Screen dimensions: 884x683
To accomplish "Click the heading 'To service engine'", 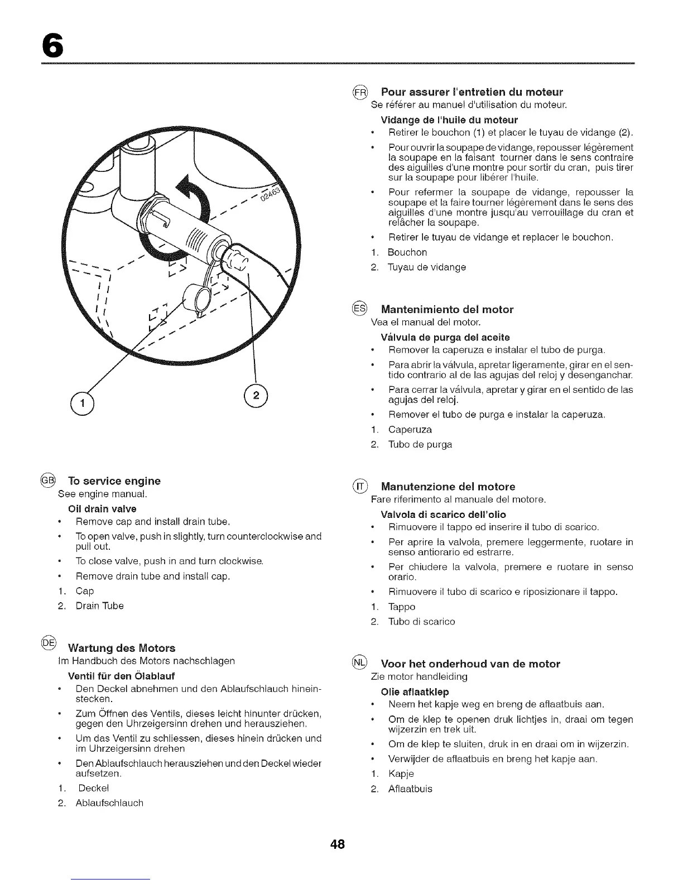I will point(114,481).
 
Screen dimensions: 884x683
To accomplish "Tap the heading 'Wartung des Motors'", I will point(121,648).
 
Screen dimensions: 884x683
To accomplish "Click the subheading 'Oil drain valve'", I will point(102,509).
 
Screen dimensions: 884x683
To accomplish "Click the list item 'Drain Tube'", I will point(99,606).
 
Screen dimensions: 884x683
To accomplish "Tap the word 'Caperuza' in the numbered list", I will point(410,430).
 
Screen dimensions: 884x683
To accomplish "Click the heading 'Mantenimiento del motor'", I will point(446,309).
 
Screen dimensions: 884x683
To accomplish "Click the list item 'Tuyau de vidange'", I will point(426,267).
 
